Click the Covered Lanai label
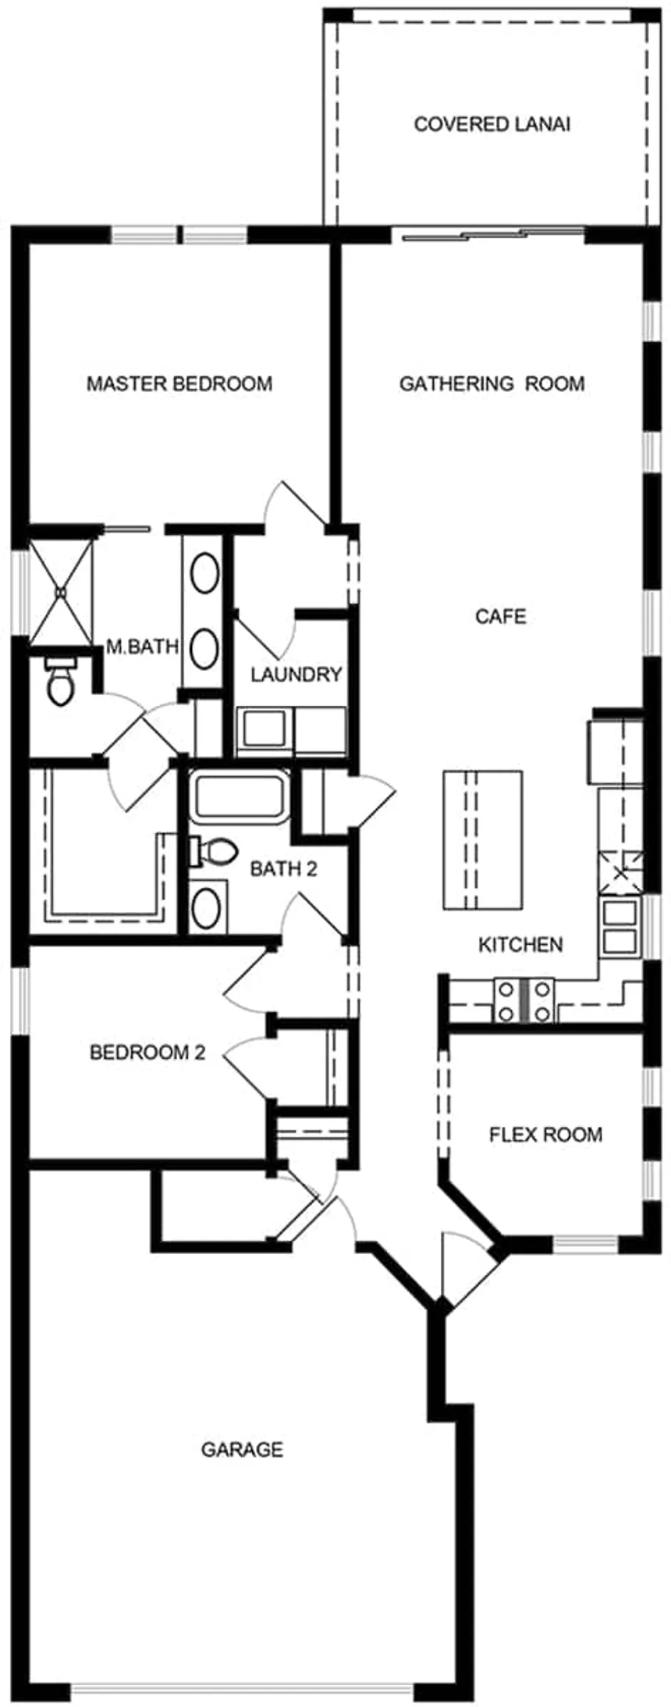pos(492,124)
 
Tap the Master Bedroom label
pos(179,383)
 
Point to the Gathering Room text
pos(492,383)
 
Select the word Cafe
pos(501,616)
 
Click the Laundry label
pos(296,674)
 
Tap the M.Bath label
pos(143,647)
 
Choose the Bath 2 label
pos(283,869)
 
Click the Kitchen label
pos(520,945)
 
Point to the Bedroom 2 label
pos(147,1053)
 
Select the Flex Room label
pos(545,1134)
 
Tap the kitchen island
pos(483,840)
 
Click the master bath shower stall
pos(62,593)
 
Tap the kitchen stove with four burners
pos(524,1000)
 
